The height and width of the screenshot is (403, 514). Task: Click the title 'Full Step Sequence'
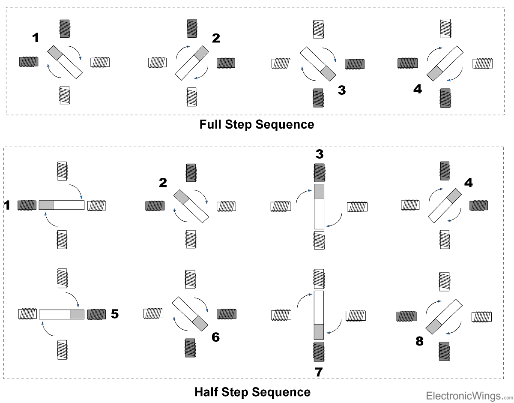click(257, 125)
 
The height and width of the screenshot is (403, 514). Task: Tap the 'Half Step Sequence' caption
click(252, 392)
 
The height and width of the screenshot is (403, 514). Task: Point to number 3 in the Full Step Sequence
click(341, 90)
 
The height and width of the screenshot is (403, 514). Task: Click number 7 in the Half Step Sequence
click(318, 372)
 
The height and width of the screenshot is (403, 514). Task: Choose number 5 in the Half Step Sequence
click(114, 314)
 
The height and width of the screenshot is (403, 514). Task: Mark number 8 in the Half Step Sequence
click(419, 341)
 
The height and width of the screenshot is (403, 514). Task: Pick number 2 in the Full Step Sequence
click(216, 38)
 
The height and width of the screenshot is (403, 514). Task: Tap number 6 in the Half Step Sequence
click(215, 337)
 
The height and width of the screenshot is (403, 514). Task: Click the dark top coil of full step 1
click(64, 28)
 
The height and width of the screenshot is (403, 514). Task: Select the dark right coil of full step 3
click(355, 63)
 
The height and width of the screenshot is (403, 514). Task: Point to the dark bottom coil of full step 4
click(445, 98)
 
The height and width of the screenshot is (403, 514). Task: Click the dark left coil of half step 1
click(27, 205)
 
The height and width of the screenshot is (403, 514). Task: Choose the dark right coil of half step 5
click(96, 314)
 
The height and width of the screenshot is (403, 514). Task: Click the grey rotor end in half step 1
click(46, 205)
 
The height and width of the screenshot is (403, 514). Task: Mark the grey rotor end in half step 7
click(319, 331)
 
